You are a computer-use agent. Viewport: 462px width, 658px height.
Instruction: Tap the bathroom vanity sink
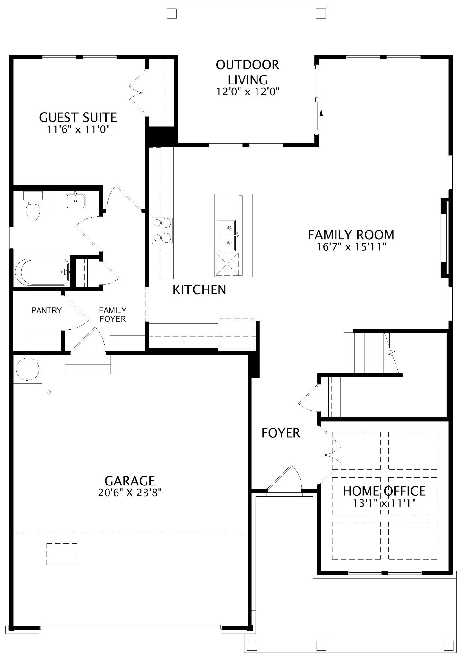click(76, 201)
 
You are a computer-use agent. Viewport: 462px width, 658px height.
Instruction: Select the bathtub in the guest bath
click(42, 272)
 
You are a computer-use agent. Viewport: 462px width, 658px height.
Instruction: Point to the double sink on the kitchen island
click(227, 236)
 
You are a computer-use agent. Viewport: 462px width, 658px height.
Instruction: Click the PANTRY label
click(47, 310)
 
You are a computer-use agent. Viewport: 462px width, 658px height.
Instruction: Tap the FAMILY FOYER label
click(112, 315)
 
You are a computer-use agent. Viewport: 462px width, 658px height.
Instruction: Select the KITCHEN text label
click(199, 290)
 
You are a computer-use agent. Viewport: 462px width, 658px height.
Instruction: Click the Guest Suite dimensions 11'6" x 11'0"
click(78, 129)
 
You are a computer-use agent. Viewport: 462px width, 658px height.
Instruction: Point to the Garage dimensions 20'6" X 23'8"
click(130, 493)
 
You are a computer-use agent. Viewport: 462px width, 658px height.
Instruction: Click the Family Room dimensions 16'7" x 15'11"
click(351, 247)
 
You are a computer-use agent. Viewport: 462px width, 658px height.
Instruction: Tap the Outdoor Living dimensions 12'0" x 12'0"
click(248, 92)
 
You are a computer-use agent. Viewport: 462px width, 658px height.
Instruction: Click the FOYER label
click(281, 433)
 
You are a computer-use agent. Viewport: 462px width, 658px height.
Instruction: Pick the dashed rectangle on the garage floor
click(62, 554)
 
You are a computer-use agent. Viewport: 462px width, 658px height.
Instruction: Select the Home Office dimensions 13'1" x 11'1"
click(384, 503)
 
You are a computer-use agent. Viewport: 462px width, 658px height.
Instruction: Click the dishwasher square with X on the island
click(227, 264)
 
